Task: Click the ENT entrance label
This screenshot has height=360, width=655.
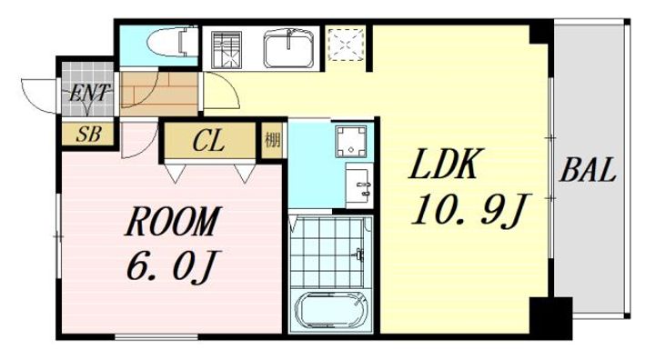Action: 89,92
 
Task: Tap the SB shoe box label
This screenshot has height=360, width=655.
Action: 88,135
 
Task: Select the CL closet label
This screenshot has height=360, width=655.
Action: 209,142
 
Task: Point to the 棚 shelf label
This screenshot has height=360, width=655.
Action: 272,141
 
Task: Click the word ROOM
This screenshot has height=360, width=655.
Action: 172,221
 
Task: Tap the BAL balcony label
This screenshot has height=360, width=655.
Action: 588,170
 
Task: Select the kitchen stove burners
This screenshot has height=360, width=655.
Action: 225,47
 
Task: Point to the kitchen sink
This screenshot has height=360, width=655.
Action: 288,47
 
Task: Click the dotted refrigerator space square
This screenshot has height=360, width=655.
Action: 346,45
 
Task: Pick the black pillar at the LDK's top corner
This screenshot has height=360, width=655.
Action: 541,32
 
